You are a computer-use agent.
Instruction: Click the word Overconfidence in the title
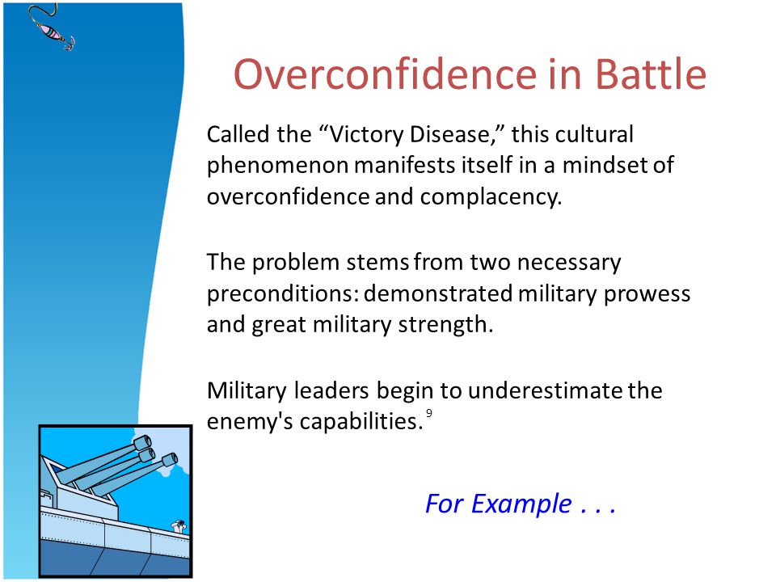tap(385, 74)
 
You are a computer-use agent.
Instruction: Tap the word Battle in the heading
tap(650, 74)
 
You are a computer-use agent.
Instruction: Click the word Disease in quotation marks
tap(449, 134)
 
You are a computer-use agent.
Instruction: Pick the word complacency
tap(491, 197)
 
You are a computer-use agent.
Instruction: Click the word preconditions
tap(283, 294)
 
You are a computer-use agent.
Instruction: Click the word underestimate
tap(545, 390)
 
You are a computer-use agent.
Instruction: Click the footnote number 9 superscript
tap(429, 413)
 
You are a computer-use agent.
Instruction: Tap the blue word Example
tap(521, 504)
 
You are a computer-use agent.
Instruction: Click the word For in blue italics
tap(445, 504)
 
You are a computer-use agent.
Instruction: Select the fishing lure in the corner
tap(53, 27)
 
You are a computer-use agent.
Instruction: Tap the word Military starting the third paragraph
tap(247, 391)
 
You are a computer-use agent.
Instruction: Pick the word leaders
tap(331, 390)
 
